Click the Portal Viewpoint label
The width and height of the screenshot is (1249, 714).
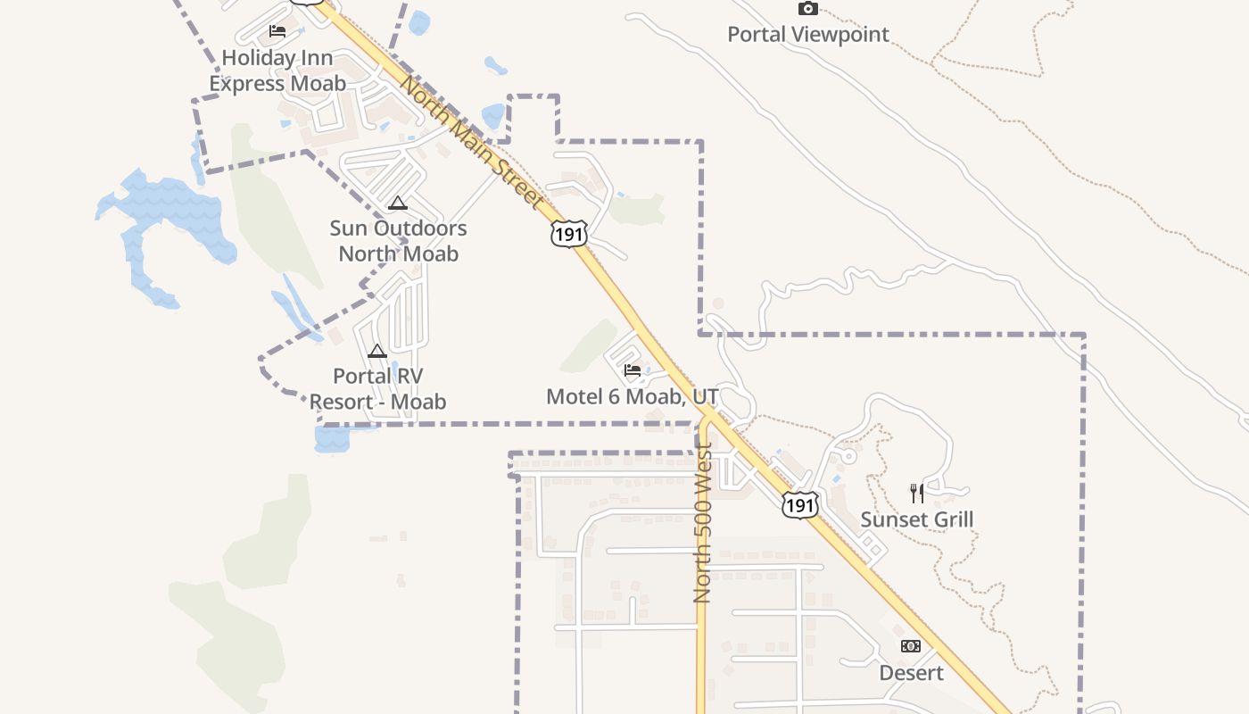pos(807,35)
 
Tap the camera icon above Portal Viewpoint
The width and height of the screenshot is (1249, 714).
pos(807,9)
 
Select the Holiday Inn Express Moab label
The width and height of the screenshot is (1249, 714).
pos(277,71)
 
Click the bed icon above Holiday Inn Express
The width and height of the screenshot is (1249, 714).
pos(277,31)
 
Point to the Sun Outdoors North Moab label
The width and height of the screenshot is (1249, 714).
pos(398,241)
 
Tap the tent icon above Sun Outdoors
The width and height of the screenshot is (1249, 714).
pos(397,203)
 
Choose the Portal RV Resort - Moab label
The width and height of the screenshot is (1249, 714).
pos(377,389)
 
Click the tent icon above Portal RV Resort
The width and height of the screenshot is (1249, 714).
pos(377,351)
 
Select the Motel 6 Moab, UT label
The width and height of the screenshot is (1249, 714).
pos(632,396)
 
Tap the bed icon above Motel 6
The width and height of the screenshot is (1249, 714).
pos(633,369)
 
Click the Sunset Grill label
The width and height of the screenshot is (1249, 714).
pos(916,519)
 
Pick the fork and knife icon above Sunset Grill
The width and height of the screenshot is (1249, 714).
pos(916,493)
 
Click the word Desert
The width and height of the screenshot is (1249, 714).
pos(911,673)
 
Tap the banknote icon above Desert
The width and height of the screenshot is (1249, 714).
pos(911,645)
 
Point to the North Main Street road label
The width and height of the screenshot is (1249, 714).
pos(470,143)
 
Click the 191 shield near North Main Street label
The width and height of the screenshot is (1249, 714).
pos(568,234)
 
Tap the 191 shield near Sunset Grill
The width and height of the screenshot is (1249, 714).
pos(799,504)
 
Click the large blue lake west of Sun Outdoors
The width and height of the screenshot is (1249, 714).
pos(170,219)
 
